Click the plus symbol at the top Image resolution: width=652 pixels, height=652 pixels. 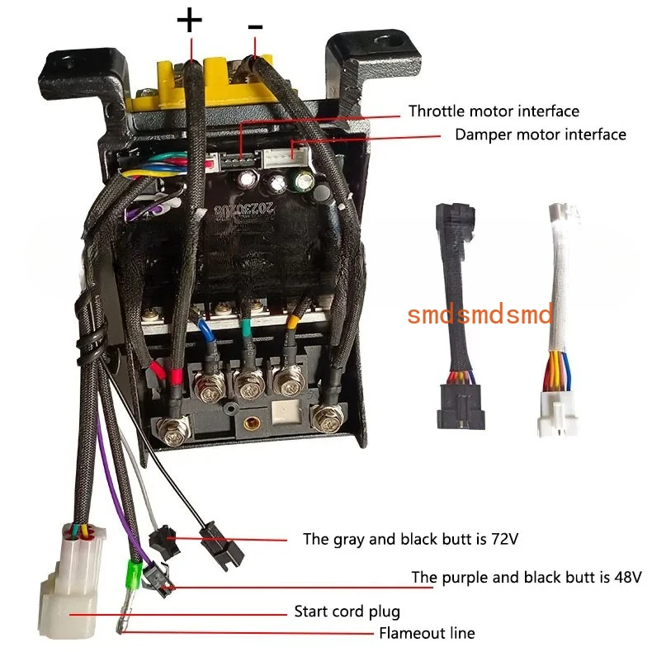point(190,20)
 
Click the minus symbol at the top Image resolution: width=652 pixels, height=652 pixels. point(256,27)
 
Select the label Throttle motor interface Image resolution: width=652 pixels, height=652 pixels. point(494,111)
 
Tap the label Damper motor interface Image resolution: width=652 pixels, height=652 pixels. point(540,134)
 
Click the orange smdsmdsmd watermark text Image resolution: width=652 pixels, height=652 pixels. point(480,314)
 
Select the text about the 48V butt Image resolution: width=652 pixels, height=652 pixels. point(527,577)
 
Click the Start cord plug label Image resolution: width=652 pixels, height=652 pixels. point(347,612)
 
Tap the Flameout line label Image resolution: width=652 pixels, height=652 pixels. point(426,634)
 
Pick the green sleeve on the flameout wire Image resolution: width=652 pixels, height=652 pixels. point(131,572)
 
